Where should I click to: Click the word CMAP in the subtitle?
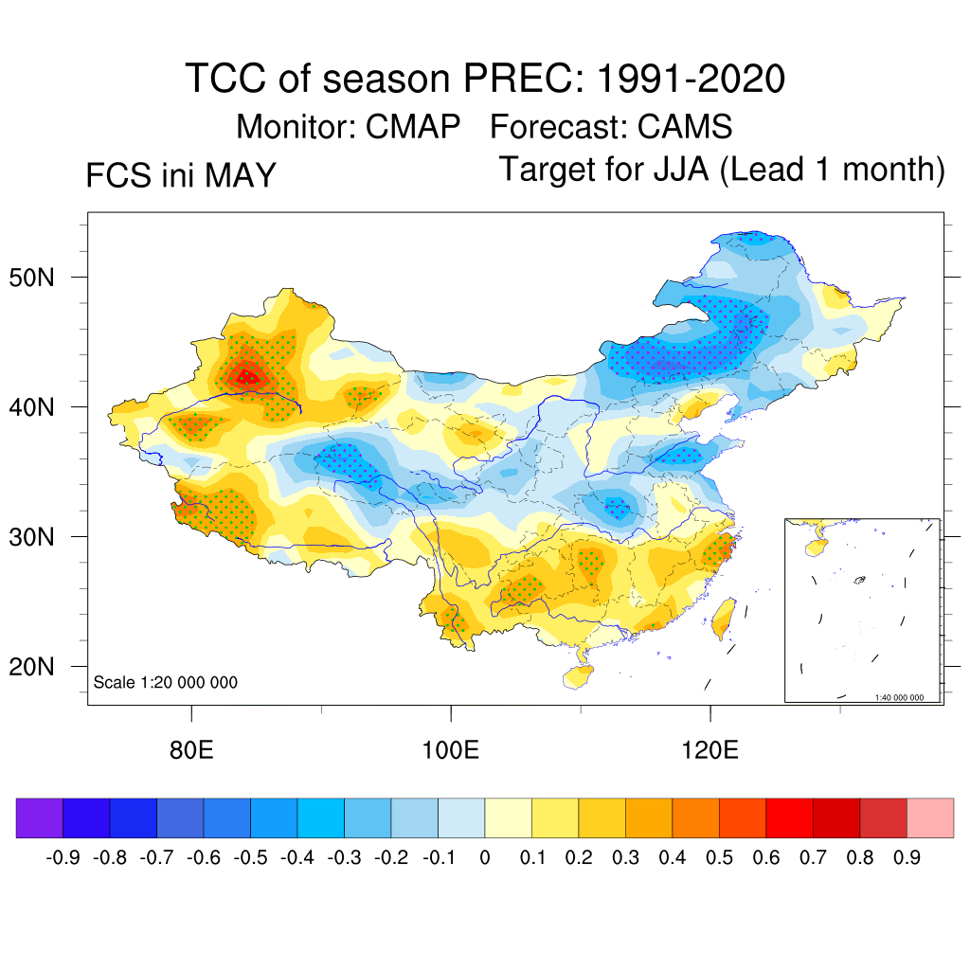coord(413,127)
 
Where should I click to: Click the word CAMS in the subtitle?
coord(685,127)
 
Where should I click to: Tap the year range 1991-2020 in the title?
coord(692,79)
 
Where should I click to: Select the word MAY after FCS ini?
coord(240,175)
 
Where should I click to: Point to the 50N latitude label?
coord(31,278)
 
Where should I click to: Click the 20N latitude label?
coord(31,667)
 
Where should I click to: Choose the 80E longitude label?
coord(191,750)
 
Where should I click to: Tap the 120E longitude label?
coord(710,750)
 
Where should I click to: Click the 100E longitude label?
coord(450,750)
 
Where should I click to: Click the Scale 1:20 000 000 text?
coord(165,682)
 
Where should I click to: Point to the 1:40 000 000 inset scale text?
coord(899,697)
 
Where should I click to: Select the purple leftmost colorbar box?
coord(40,817)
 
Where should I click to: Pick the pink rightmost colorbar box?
coord(930,817)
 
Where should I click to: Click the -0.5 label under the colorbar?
coord(250,857)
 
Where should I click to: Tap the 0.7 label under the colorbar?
coord(813,857)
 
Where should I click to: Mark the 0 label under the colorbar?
coord(485,857)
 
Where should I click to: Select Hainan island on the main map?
coord(577,676)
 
